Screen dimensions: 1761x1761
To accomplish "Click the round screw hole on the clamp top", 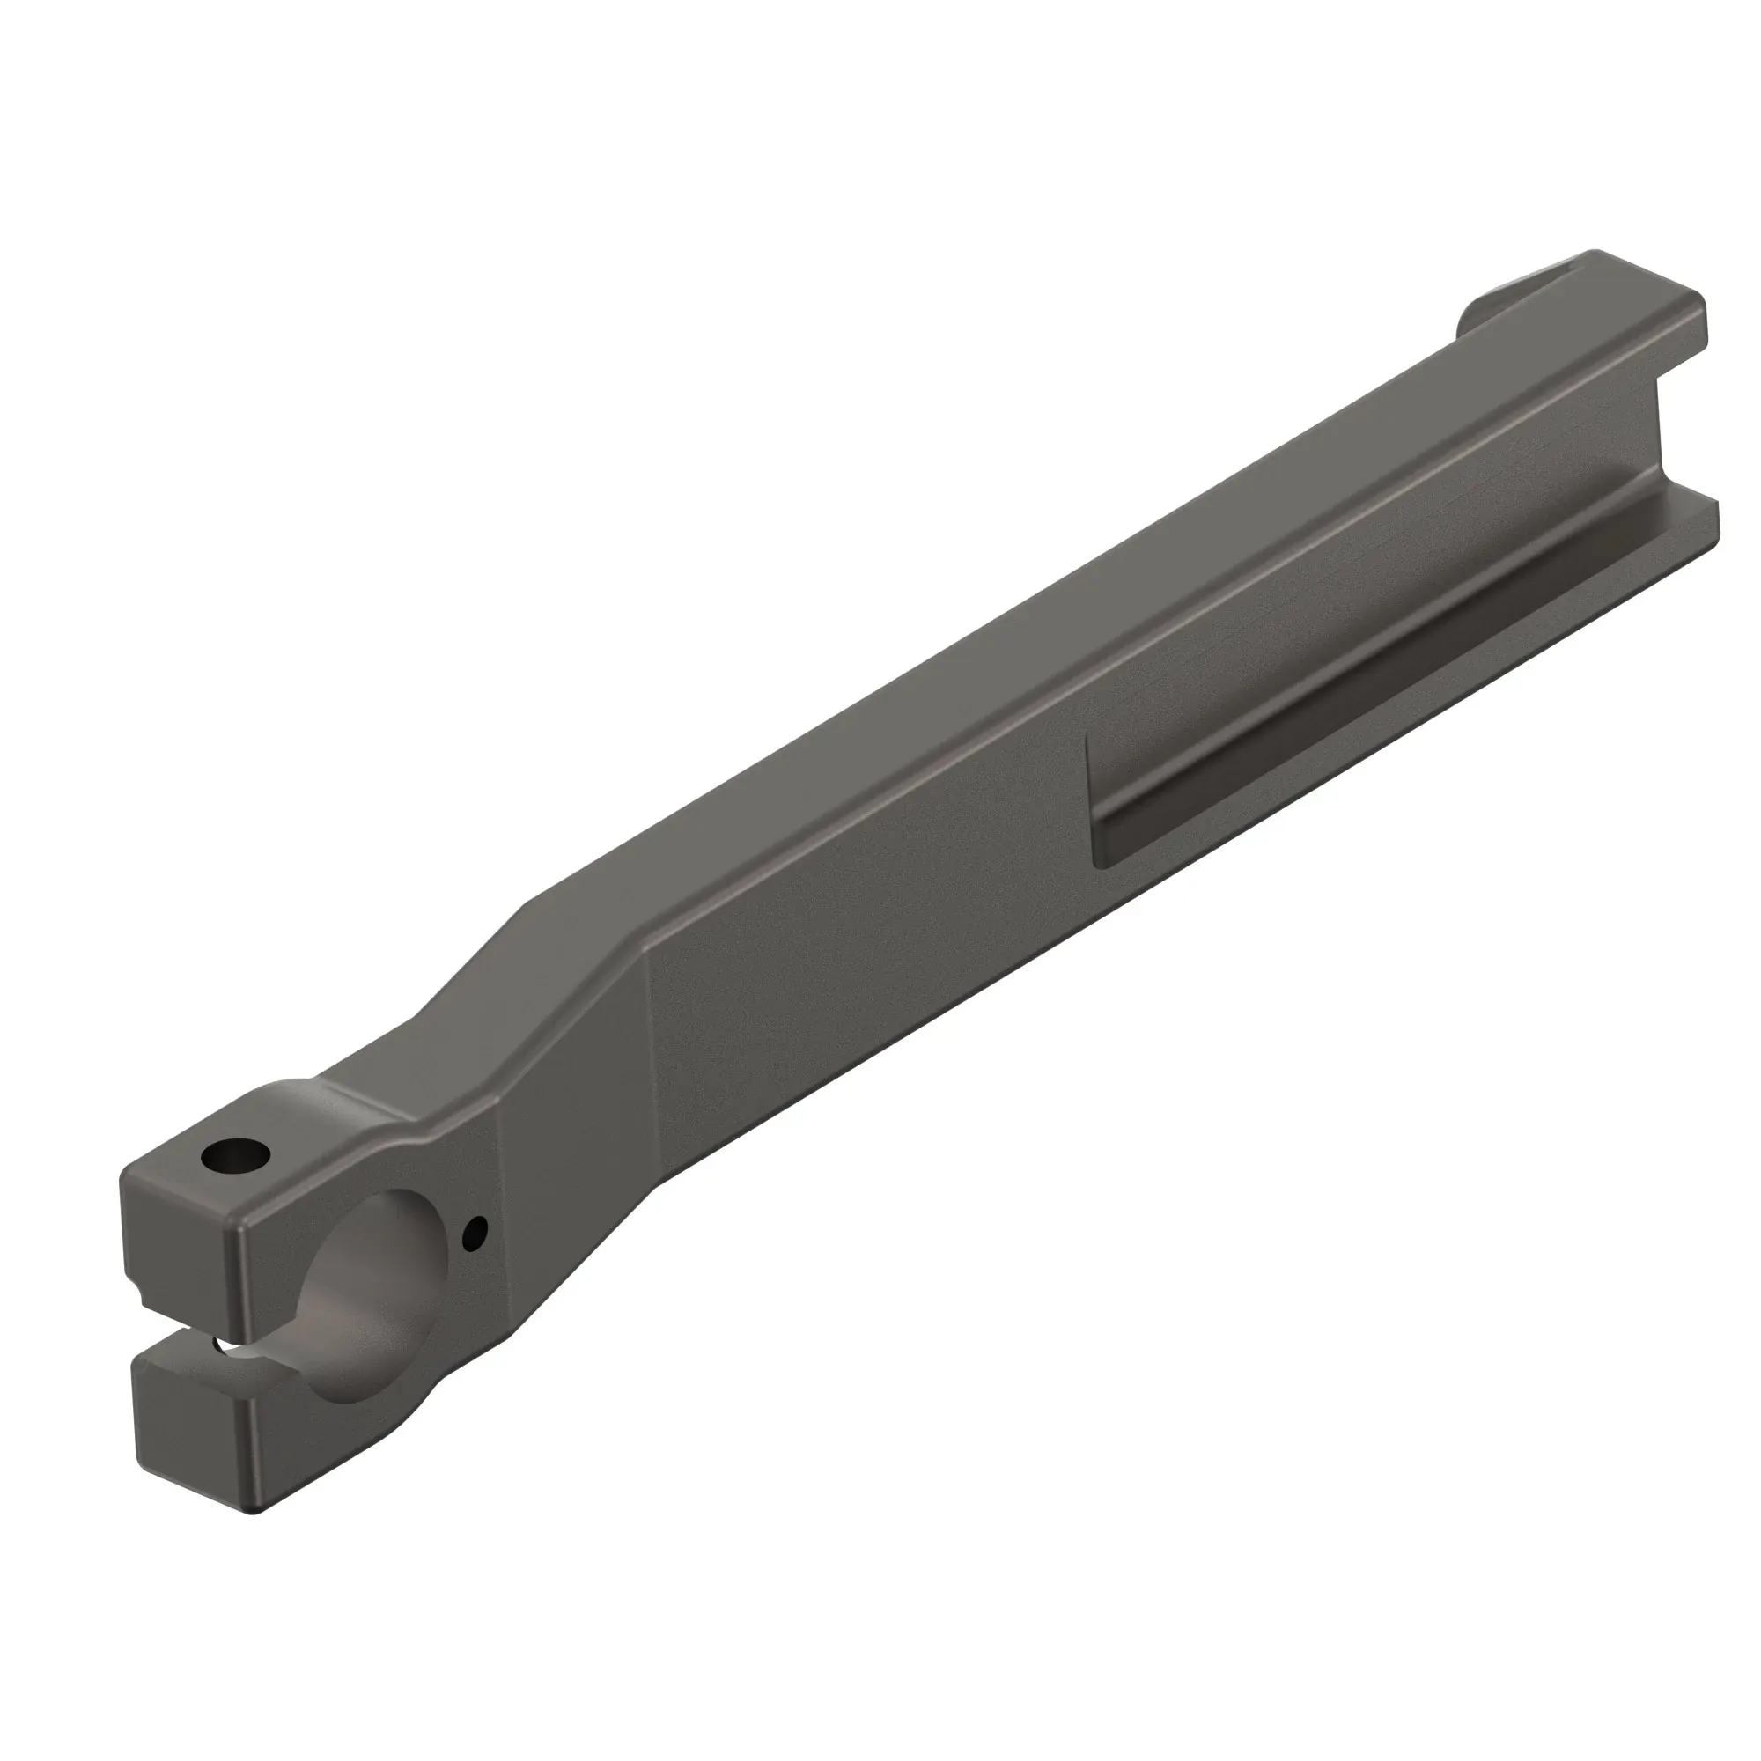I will click(x=235, y=1159).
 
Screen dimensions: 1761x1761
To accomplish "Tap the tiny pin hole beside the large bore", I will click(x=475, y=1234).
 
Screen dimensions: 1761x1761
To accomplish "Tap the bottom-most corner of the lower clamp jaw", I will click(x=255, y=1508).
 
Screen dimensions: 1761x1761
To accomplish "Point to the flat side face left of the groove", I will click(x=866, y=930).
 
